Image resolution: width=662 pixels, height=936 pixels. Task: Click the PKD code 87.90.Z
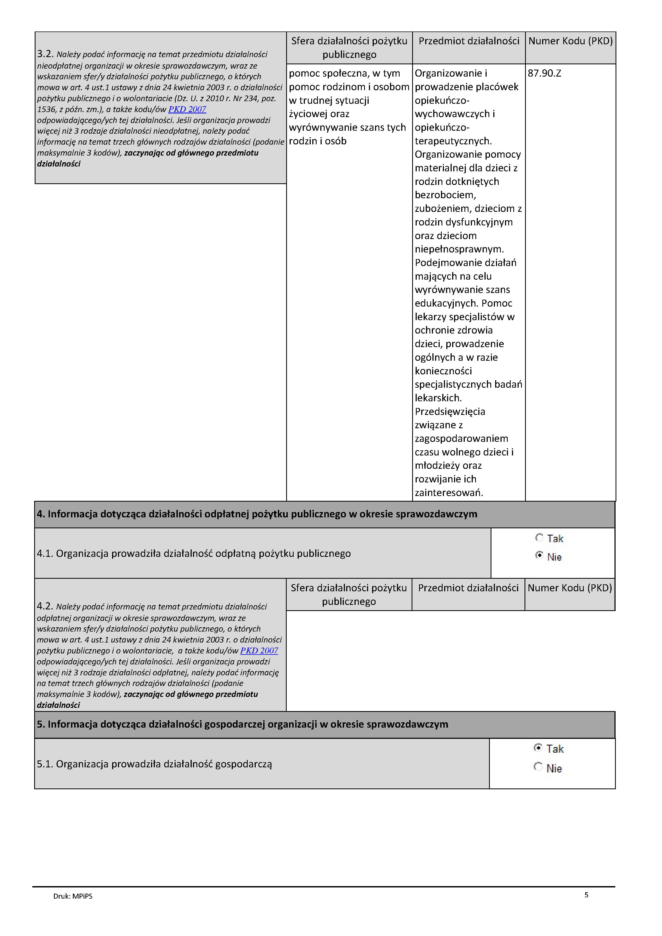(x=544, y=73)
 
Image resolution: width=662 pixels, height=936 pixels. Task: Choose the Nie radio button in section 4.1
(x=539, y=555)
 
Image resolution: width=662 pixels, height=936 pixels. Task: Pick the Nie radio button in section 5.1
(x=538, y=767)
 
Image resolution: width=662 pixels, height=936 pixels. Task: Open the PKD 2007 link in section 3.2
(x=187, y=109)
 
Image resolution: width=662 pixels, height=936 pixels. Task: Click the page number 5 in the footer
(x=586, y=895)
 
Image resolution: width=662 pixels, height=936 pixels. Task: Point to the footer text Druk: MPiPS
(x=73, y=896)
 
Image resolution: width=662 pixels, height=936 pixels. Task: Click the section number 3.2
(x=45, y=54)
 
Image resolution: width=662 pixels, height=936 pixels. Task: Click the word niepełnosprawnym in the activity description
(x=459, y=249)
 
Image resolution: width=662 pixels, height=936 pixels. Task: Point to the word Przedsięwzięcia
(x=450, y=412)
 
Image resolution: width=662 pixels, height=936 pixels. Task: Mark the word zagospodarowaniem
(x=461, y=439)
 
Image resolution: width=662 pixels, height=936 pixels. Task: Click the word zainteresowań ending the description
(x=449, y=493)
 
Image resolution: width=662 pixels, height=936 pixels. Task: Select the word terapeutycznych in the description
(x=453, y=141)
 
